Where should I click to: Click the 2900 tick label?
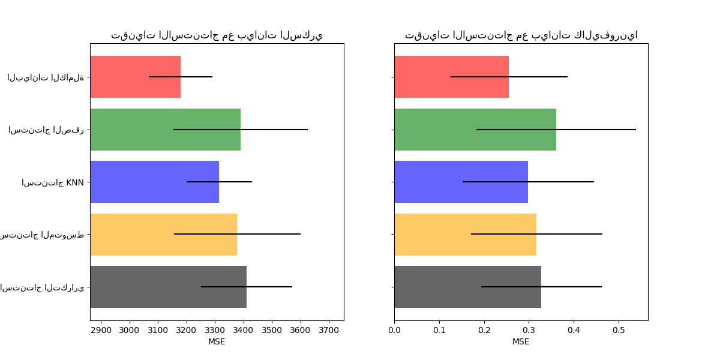[x=101, y=330]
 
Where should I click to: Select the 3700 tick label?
[x=329, y=330]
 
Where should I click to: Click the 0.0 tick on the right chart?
[x=394, y=330]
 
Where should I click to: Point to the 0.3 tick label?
[x=529, y=330]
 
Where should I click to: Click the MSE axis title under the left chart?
[x=217, y=341]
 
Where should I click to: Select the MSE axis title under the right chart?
[x=521, y=341]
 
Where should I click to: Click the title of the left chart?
[x=217, y=35]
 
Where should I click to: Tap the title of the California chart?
[x=521, y=35]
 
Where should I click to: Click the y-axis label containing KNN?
[x=53, y=182]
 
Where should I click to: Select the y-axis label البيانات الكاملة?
[x=46, y=77]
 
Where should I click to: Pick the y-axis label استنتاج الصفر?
[x=46, y=130]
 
